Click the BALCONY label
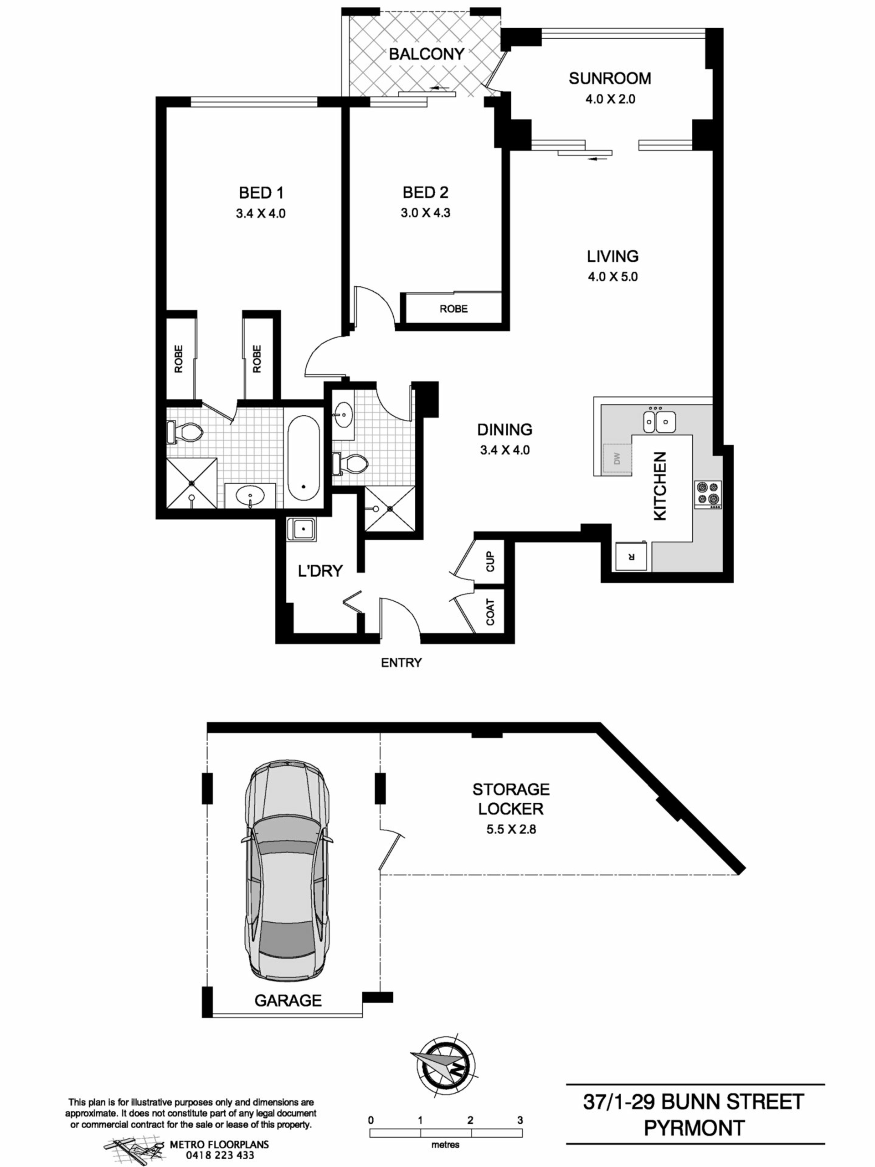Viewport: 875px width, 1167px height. [426, 54]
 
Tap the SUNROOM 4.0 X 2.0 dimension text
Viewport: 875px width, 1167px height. [610, 99]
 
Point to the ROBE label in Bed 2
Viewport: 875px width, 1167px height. [453, 309]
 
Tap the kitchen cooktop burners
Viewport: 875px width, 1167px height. [708, 494]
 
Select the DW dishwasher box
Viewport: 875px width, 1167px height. [618, 459]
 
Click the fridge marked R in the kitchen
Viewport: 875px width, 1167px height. [632, 556]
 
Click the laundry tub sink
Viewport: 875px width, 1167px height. [301, 529]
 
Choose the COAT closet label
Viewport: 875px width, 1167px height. [490, 612]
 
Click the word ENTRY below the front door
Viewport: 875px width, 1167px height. [401, 663]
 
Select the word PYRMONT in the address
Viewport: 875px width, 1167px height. [694, 1129]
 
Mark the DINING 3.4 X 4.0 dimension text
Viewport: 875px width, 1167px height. [505, 450]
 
